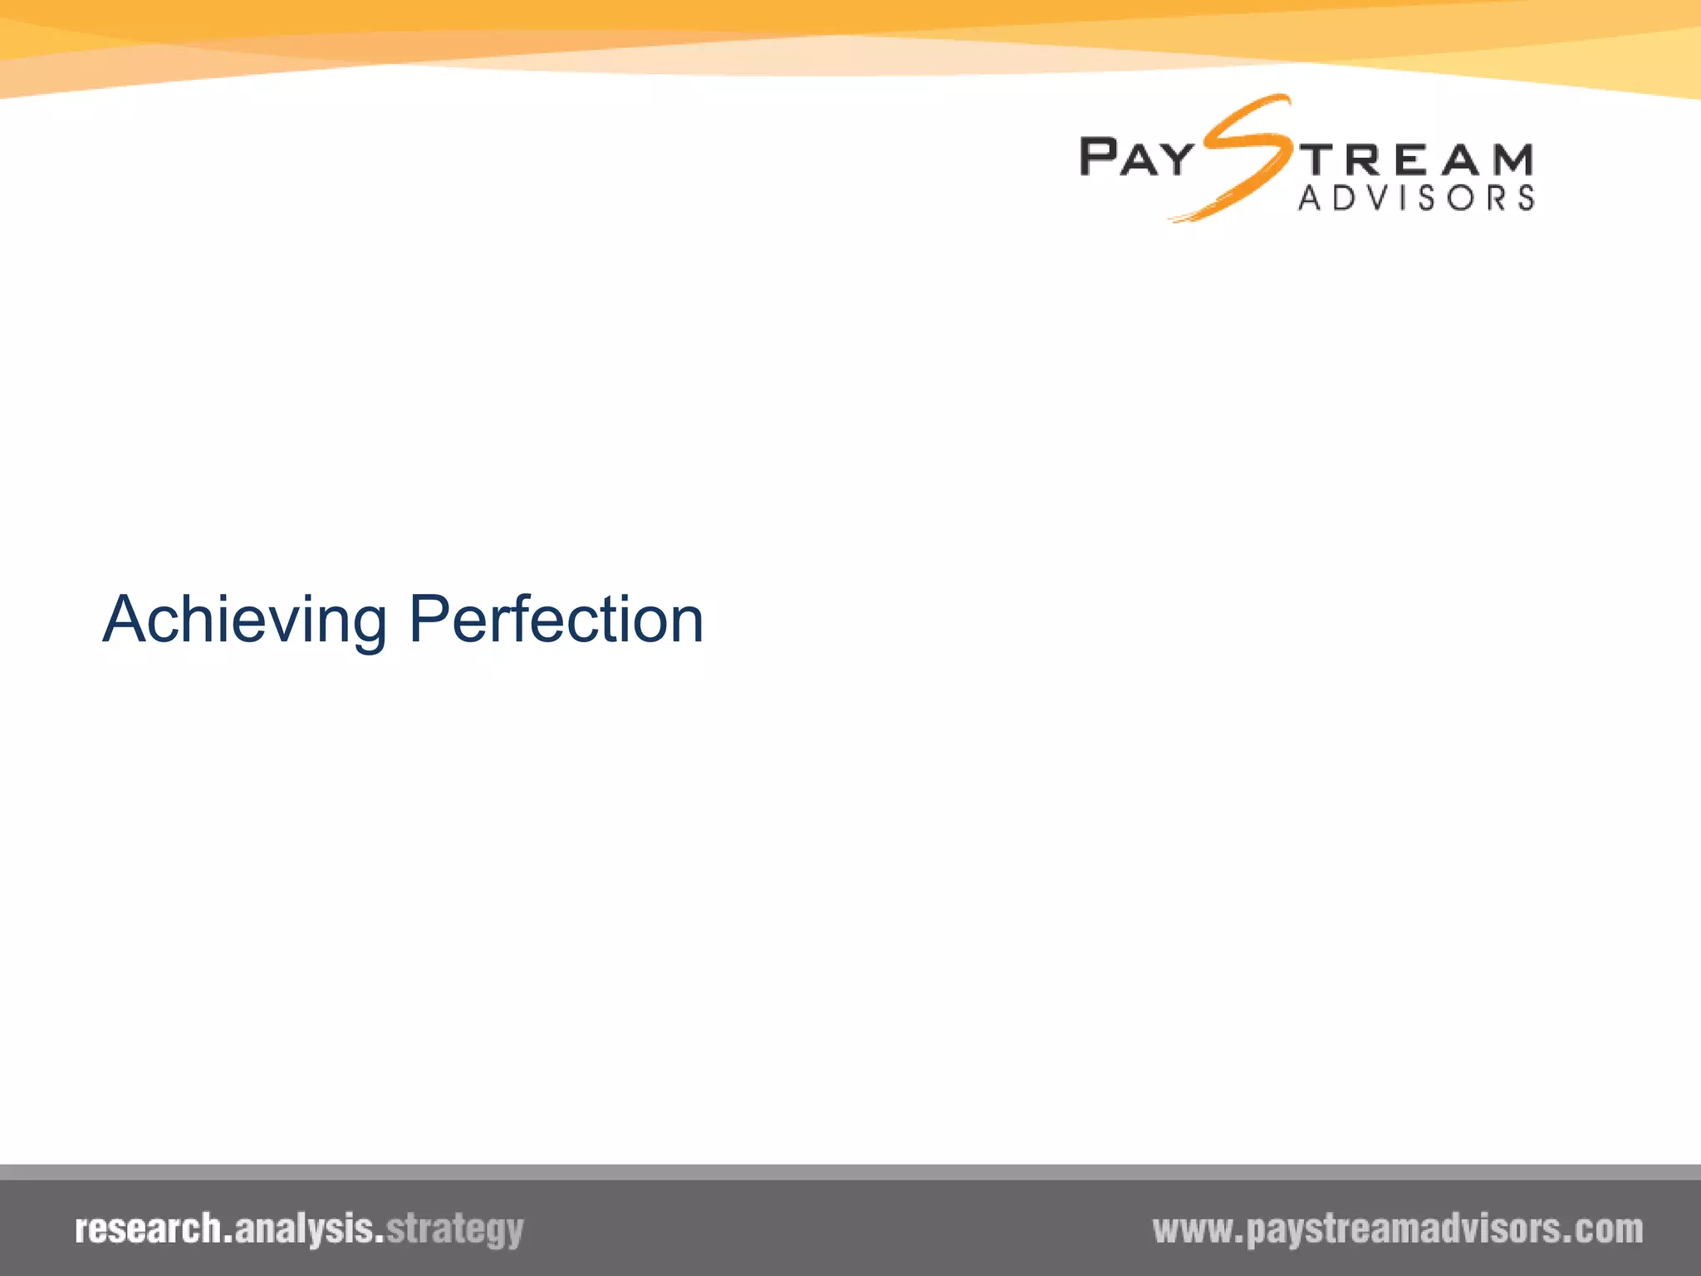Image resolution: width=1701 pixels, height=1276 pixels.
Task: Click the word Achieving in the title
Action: [244, 620]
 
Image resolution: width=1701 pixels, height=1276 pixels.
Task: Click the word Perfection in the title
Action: [556, 620]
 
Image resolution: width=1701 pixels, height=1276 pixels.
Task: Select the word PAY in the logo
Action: [1136, 157]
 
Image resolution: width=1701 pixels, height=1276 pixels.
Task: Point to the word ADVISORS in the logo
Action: [1415, 198]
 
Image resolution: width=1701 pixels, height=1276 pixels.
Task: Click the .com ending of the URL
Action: [1607, 1229]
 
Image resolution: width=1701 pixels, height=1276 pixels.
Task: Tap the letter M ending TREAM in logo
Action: [1511, 159]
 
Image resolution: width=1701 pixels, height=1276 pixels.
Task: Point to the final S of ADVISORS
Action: [1525, 198]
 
